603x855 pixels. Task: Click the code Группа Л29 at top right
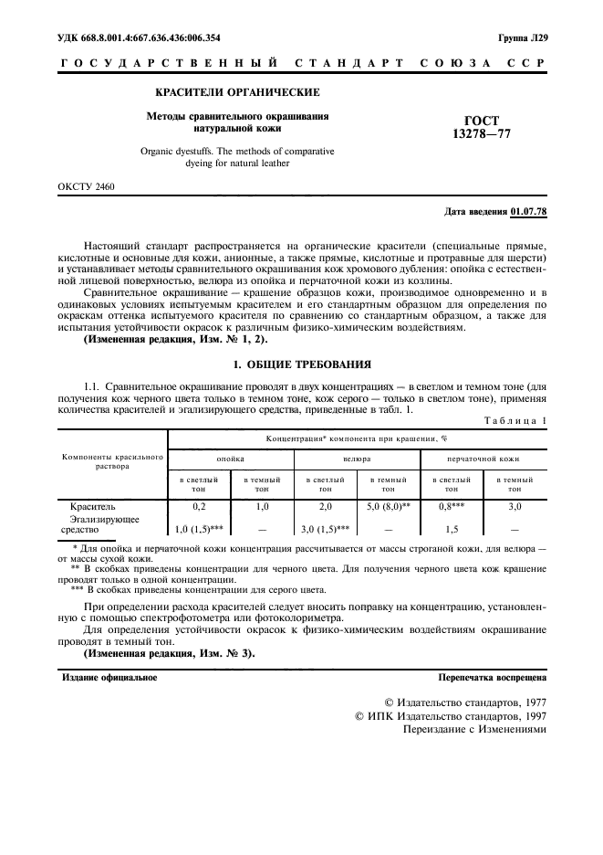pos(523,38)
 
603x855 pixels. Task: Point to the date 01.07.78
pos(528,212)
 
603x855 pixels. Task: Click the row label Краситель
pos(92,505)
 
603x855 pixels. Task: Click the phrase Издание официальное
pos(109,678)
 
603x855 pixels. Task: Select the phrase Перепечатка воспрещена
pos(492,678)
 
